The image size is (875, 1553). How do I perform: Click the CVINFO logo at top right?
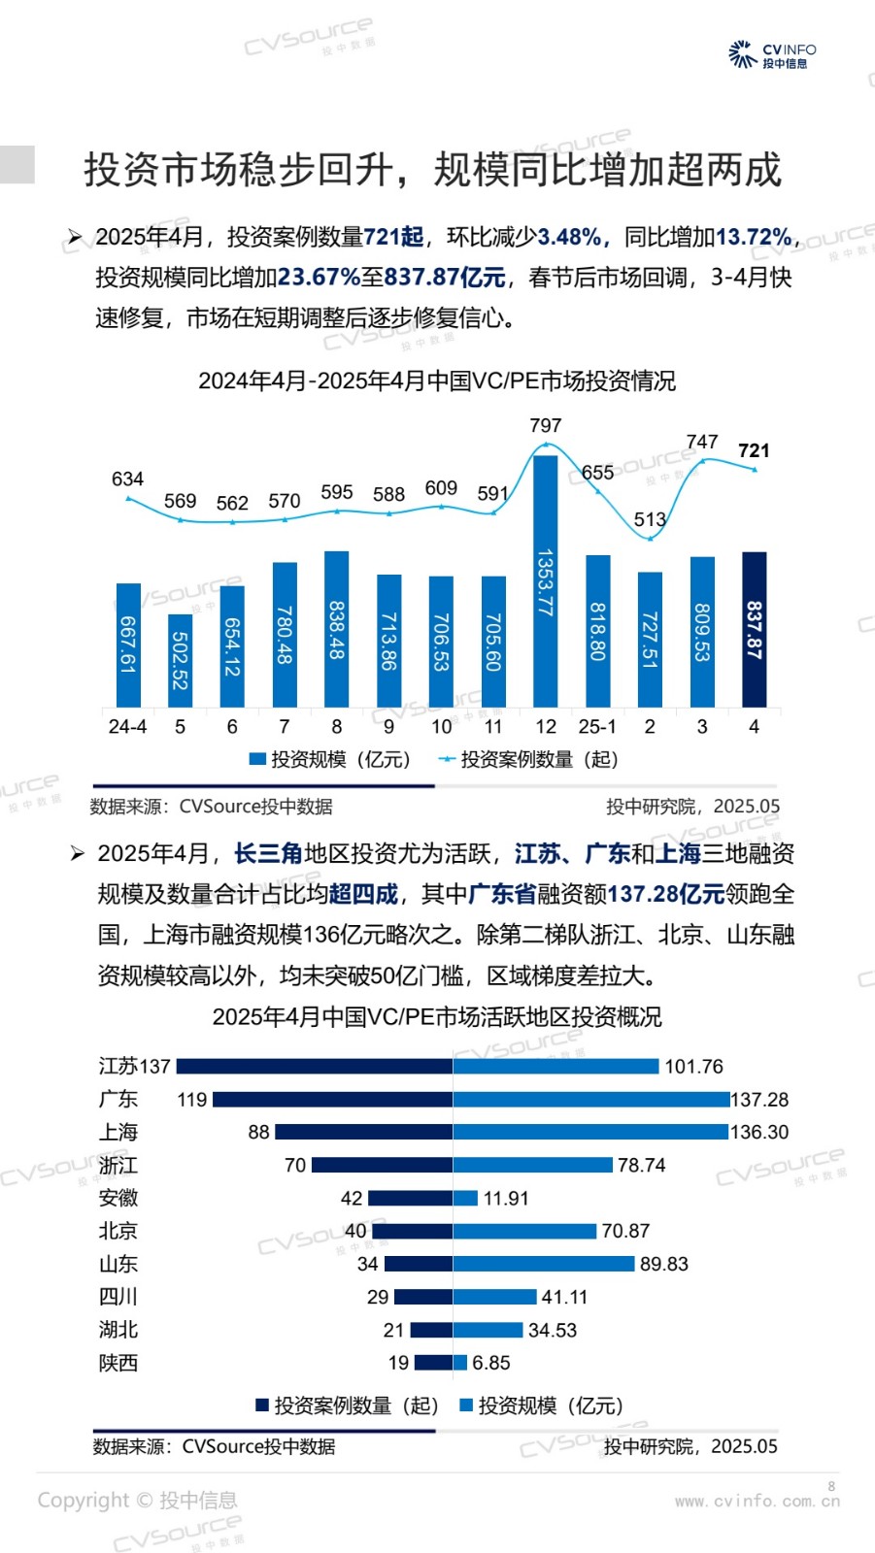[772, 54]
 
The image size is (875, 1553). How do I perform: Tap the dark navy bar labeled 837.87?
[754, 629]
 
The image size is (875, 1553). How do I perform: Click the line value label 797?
[546, 425]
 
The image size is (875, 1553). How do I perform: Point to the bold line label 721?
[754, 450]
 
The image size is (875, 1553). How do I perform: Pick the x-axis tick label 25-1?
[597, 726]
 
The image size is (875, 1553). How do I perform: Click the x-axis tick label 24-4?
[127, 726]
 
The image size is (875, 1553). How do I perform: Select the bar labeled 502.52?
[180, 660]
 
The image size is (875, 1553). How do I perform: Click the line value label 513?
[650, 519]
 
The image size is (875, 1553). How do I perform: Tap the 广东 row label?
[118, 1099]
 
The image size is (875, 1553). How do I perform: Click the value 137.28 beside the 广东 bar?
[759, 1100]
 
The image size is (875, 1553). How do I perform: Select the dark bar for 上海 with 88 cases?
[363, 1132]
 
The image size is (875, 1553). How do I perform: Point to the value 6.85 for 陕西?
[491, 1363]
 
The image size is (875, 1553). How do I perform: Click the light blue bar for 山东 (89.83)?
[543, 1264]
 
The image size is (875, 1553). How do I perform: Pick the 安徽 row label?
[118, 1198]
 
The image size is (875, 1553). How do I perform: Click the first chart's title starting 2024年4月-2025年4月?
[437, 380]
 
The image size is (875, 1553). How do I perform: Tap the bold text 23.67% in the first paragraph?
[319, 278]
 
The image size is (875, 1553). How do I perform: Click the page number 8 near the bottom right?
[831, 1486]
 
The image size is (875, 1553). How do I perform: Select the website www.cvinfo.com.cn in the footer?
[757, 1501]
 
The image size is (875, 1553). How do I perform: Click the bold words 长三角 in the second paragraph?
[268, 853]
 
